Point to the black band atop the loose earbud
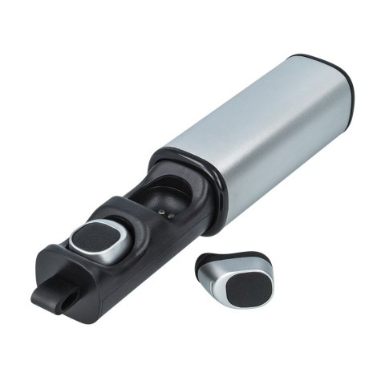[233, 258]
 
